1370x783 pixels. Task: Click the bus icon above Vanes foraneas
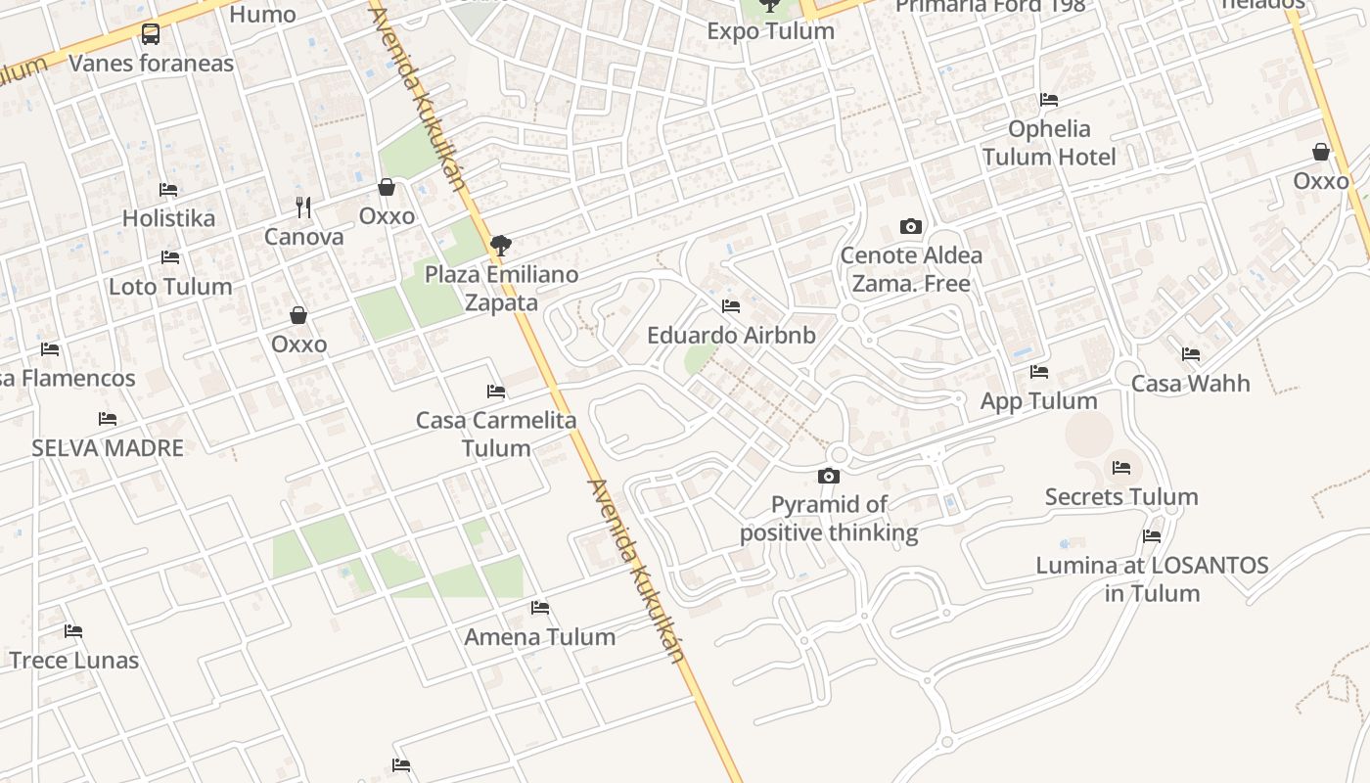[151, 34]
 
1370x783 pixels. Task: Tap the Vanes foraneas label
[151, 64]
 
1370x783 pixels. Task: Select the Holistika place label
[168, 217]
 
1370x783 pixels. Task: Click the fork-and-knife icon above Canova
[303, 207]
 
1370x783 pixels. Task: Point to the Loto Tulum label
[170, 287]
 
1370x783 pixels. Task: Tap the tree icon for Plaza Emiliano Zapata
[501, 245]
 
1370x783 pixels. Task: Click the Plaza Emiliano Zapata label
[501, 289]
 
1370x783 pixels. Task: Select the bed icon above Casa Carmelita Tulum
[496, 391]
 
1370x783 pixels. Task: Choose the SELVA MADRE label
[108, 448]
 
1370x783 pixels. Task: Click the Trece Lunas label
[74, 661]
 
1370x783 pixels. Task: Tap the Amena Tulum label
[540, 637]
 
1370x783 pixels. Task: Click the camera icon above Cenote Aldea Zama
[910, 226]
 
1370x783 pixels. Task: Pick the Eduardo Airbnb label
[731, 336]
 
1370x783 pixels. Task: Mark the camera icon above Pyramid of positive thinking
[828, 477]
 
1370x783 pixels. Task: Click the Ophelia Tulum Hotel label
[1049, 143]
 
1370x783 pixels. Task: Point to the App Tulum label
[1039, 401]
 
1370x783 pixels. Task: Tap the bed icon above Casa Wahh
[1191, 354]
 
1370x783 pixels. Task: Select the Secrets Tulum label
[1121, 497]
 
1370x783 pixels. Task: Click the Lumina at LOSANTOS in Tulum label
[1152, 579]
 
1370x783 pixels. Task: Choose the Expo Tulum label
[771, 31]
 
